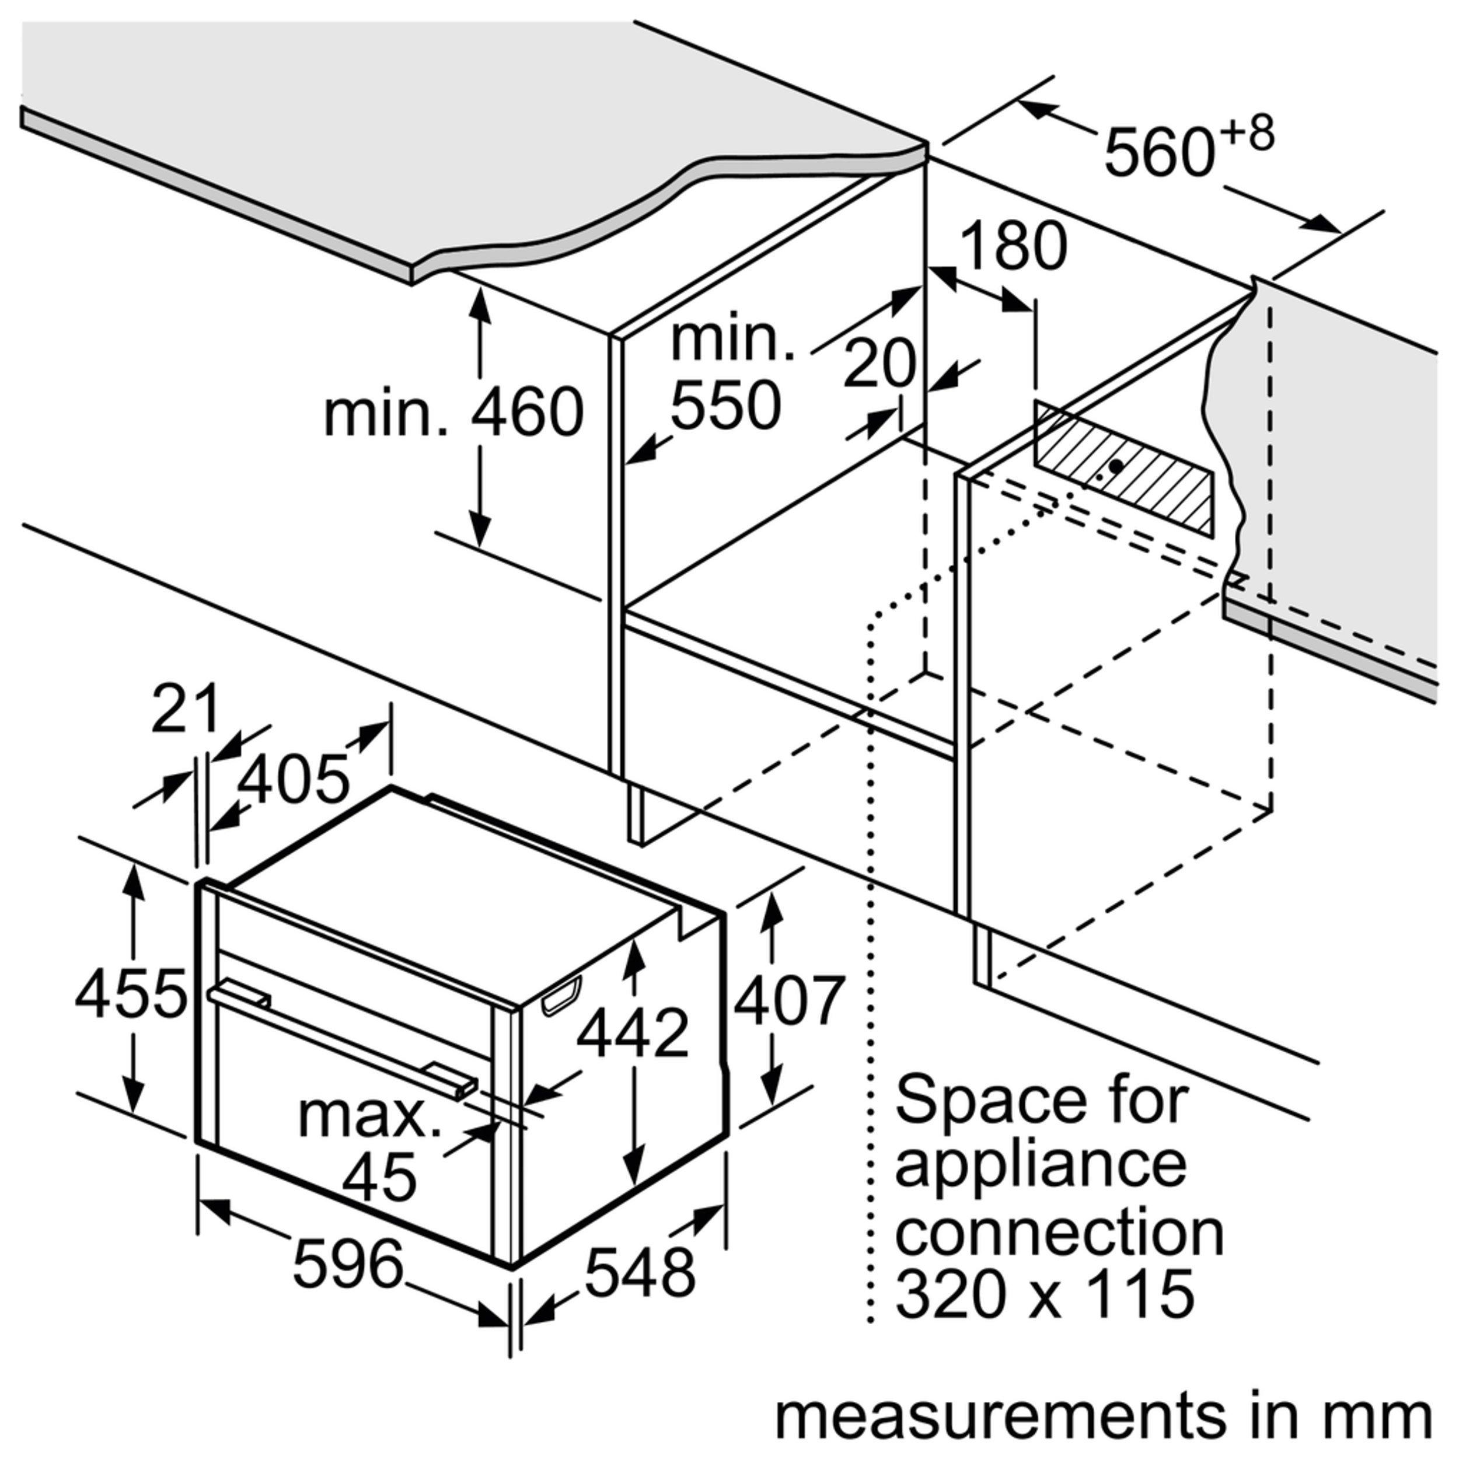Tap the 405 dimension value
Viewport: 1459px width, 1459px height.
click(294, 779)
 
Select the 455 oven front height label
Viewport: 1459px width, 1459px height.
click(131, 992)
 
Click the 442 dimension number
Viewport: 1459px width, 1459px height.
click(633, 1032)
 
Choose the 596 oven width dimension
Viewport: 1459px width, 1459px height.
click(348, 1263)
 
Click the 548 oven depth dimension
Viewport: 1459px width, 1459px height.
click(640, 1272)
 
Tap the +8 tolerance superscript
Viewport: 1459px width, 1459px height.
click(1245, 134)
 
